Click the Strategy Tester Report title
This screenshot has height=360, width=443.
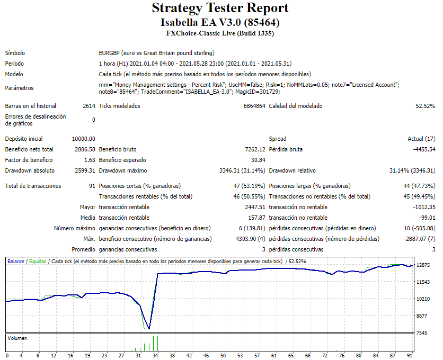[220, 8]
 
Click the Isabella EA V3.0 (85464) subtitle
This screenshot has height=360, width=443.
[220, 23]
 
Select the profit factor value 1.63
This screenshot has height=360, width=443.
[90, 160]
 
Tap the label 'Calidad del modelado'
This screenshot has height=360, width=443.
[295, 106]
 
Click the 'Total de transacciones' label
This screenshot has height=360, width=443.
[33, 186]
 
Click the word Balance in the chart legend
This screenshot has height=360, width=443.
[15, 262]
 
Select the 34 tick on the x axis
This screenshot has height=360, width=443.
[155, 356]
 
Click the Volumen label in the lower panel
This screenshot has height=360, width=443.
[17, 338]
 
